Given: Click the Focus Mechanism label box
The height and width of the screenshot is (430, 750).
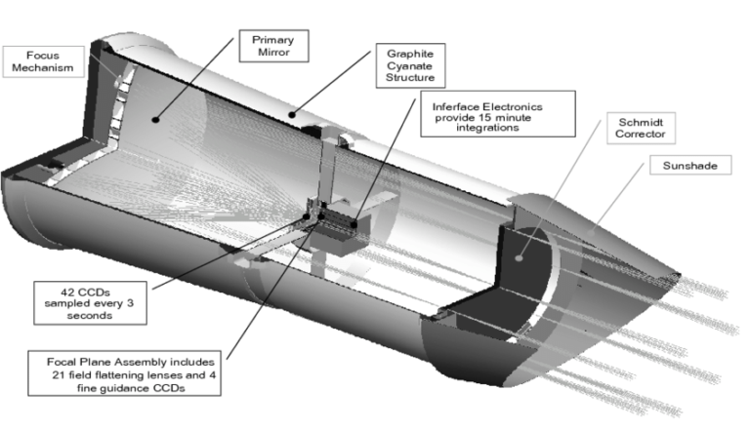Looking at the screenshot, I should [x=38, y=61].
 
